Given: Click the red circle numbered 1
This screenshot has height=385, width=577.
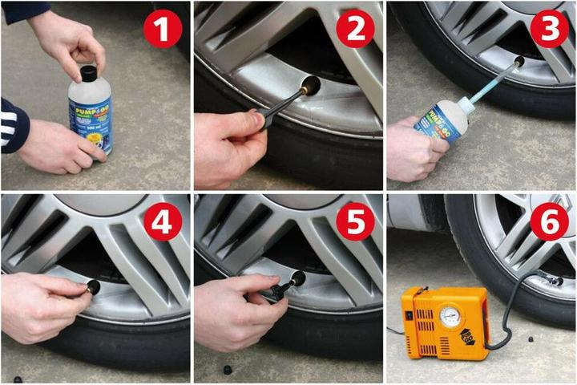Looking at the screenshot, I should tap(163, 31).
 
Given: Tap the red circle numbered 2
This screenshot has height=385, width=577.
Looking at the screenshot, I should tap(355, 31).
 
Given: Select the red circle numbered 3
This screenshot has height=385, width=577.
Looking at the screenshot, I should tap(549, 31).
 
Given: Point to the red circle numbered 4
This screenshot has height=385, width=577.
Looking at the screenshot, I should tap(163, 224).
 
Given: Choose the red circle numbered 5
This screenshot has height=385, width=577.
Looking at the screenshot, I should tap(355, 224).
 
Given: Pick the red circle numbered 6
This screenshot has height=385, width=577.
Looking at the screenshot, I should tap(549, 224).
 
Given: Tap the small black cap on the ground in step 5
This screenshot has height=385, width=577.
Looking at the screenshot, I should tap(227, 370).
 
